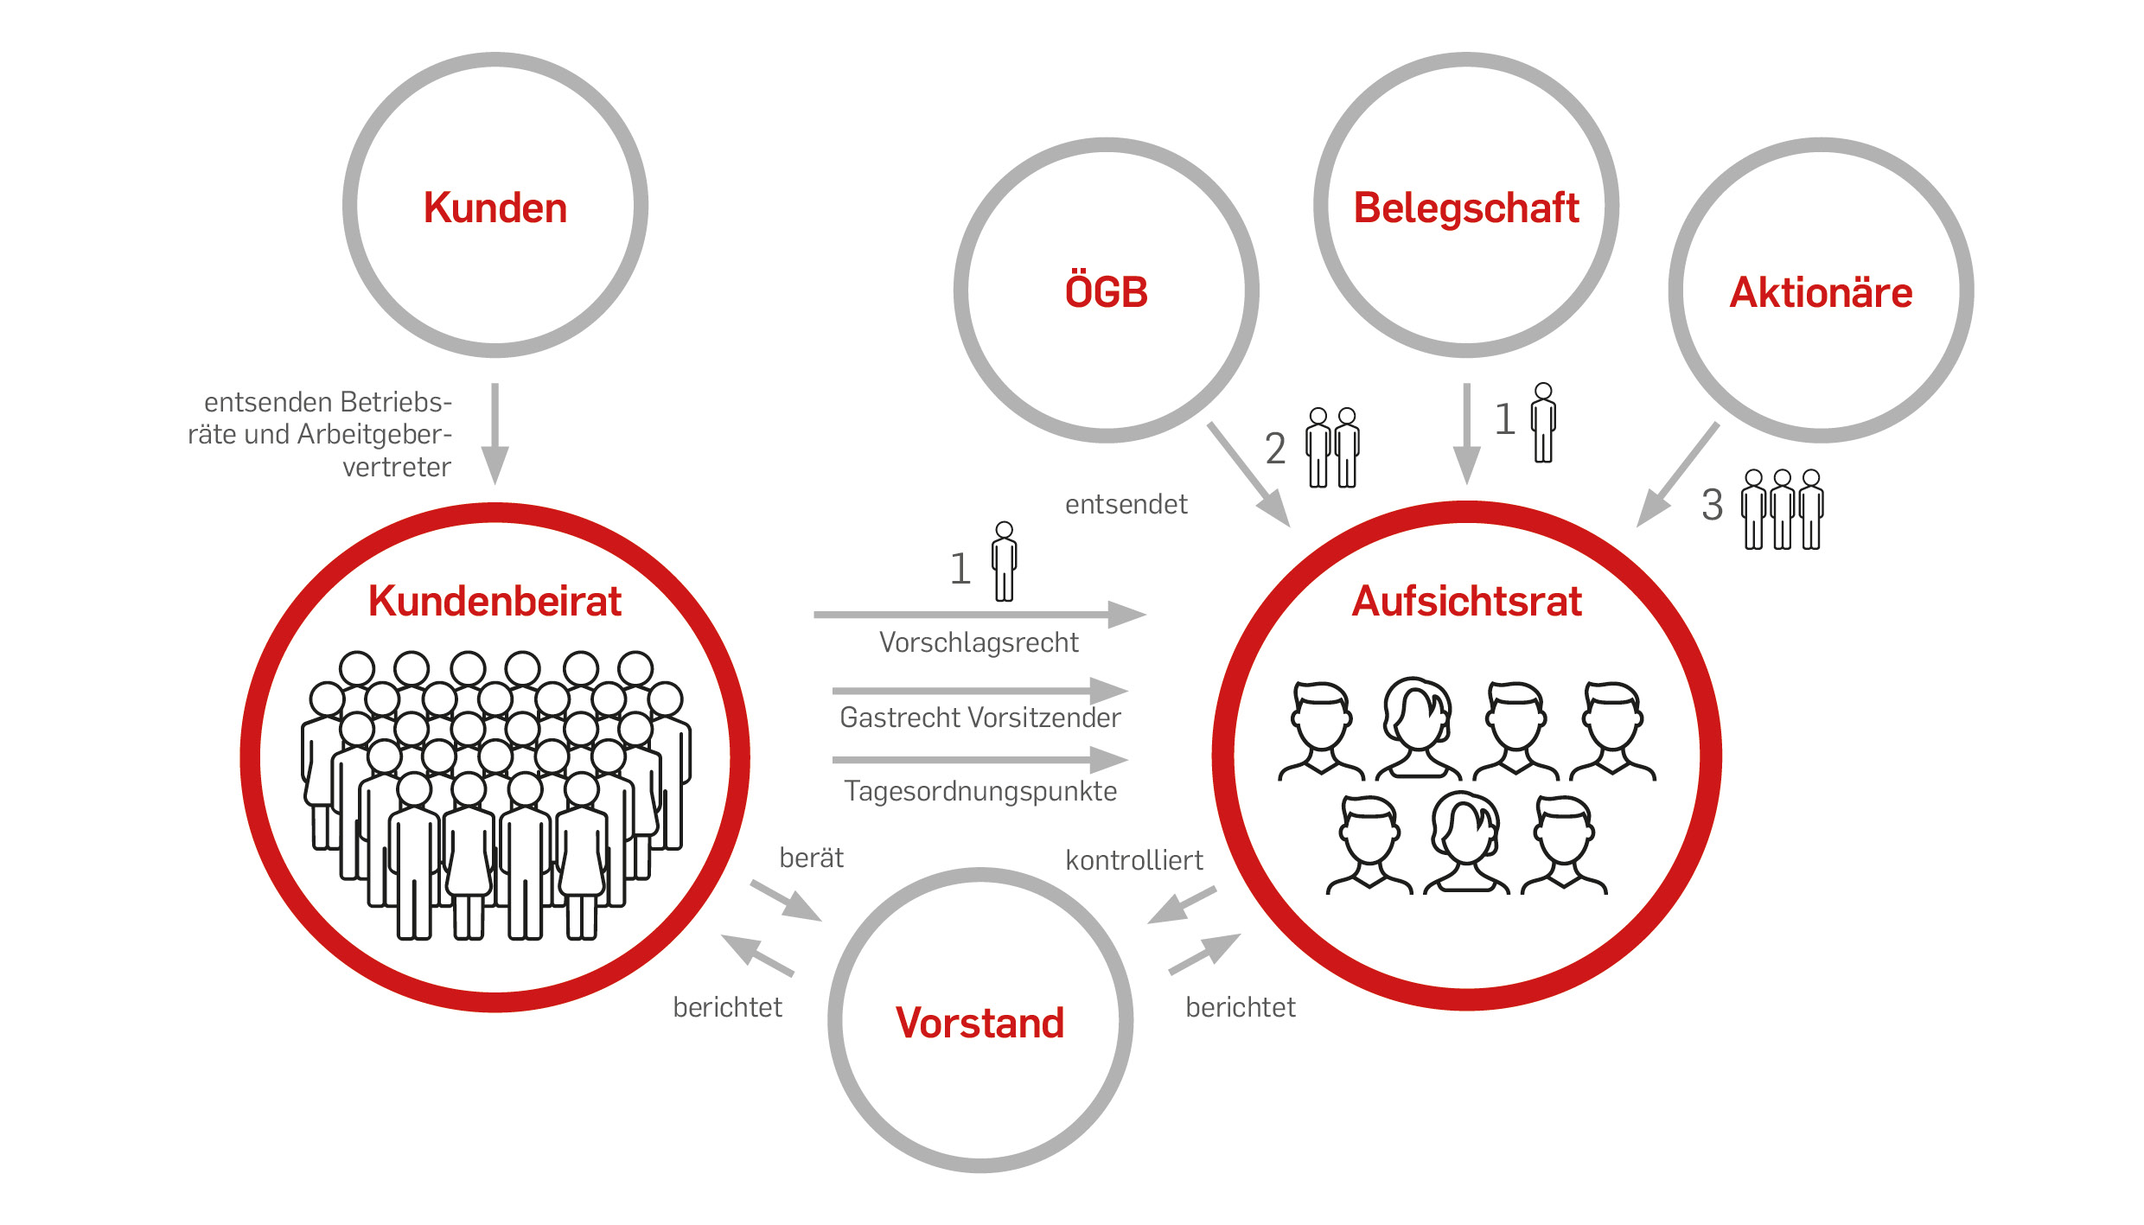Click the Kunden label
(495, 208)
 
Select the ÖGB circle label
(1107, 290)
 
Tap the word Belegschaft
(1466, 208)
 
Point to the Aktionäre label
(1821, 292)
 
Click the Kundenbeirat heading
(495, 601)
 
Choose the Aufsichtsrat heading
(1466, 601)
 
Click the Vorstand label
(979, 1023)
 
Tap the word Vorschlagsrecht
(979, 642)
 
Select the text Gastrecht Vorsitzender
(980, 718)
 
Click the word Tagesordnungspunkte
(980, 792)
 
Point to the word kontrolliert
(1134, 860)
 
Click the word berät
(811, 858)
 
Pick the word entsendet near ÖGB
(1126, 504)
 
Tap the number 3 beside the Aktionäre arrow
(1713, 505)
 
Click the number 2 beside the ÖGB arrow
(1275, 449)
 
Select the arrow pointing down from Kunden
(495, 434)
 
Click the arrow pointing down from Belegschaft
(1466, 434)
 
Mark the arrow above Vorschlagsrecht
(980, 615)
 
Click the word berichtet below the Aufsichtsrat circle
(1241, 1007)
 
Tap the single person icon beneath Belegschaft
(1543, 423)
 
